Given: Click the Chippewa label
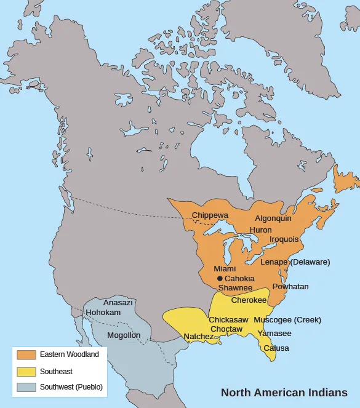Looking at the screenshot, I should [x=210, y=215].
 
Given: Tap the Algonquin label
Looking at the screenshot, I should [x=273, y=218].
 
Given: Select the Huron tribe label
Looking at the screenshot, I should [x=260, y=230].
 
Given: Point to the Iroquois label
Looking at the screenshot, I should [x=284, y=239].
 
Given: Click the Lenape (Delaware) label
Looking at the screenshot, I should [x=295, y=262].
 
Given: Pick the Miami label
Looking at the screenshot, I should [x=225, y=269].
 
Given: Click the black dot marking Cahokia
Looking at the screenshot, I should [x=220, y=279].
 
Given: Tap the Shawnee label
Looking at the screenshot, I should [x=235, y=287].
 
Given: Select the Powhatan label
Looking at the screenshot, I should [x=290, y=287].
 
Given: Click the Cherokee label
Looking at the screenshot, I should [x=249, y=300].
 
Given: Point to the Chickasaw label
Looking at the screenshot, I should [x=228, y=320].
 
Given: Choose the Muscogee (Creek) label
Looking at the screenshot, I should [x=287, y=320].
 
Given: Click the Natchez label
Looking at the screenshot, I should [x=198, y=337].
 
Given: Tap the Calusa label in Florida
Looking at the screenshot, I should [x=276, y=348].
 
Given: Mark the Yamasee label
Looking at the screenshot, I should [x=274, y=334].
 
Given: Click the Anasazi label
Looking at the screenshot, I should [x=118, y=303].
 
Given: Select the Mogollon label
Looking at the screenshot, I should [x=124, y=335].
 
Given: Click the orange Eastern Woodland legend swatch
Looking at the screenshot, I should [x=26, y=355].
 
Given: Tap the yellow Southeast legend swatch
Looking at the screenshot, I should [x=26, y=371].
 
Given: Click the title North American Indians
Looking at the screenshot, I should [x=284, y=393].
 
